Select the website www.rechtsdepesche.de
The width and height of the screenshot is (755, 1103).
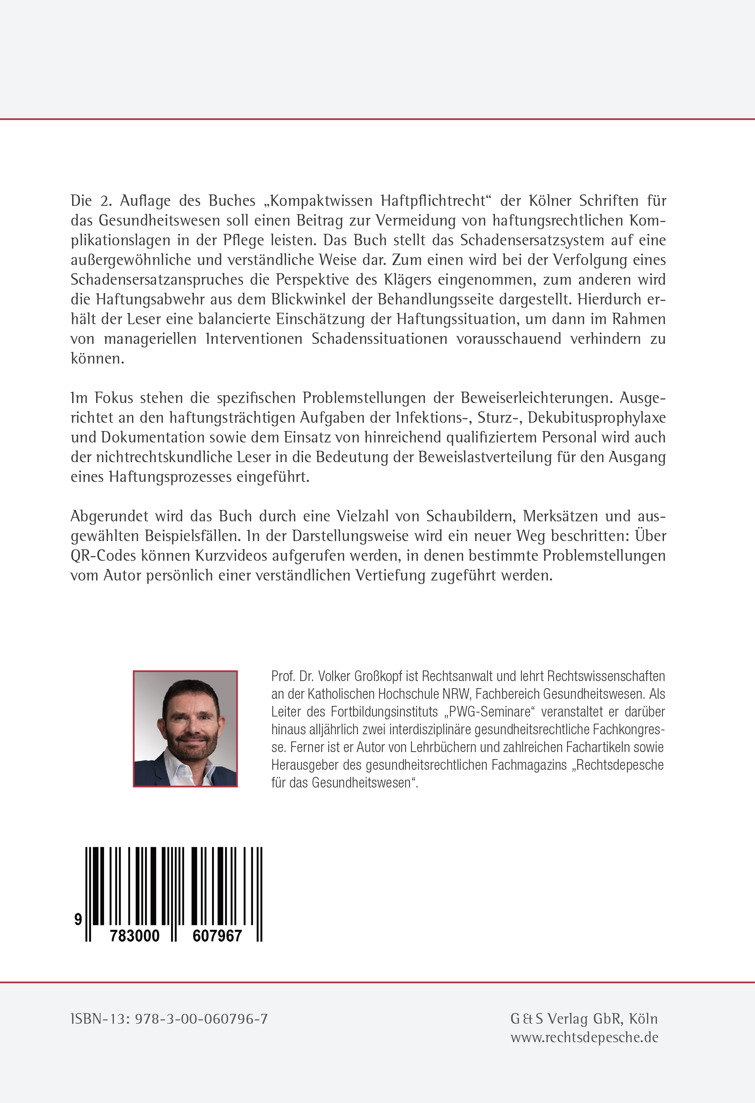[x=584, y=1038]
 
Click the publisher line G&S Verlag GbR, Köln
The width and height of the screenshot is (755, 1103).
[x=584, y=1019]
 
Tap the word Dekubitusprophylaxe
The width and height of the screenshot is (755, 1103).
[x=597, y=418]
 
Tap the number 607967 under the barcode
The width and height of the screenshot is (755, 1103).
[x=217, y=935]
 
